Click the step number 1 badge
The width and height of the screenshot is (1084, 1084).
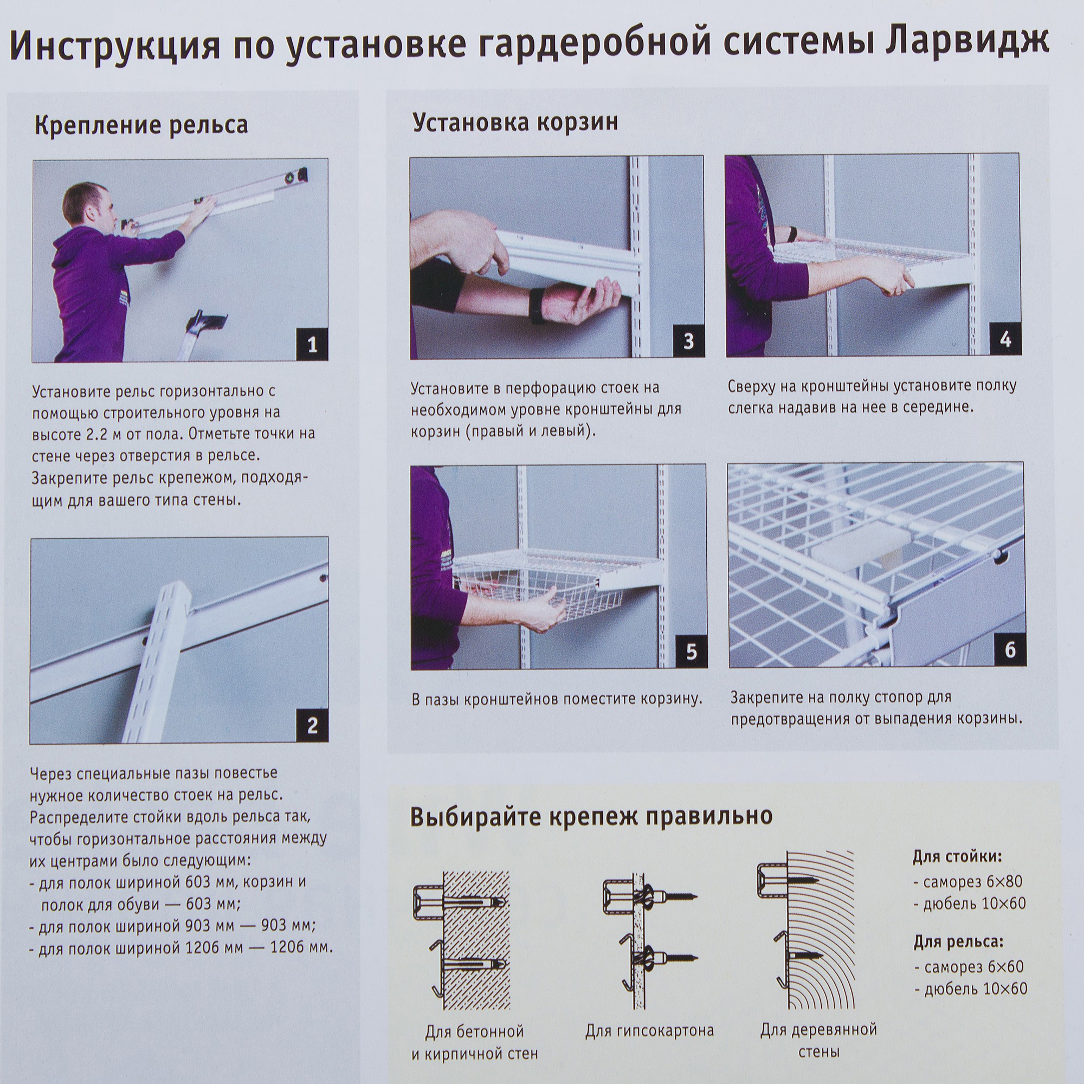[312, 344]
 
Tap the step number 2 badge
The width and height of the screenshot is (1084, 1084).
[312, 726]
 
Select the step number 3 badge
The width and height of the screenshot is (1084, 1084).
[688, 341]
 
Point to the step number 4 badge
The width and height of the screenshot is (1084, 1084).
[1005, 339]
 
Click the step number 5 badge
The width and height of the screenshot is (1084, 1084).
[691, 652]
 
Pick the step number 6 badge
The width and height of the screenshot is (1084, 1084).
[1009, 650]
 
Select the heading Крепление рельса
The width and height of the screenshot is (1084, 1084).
[141, 125]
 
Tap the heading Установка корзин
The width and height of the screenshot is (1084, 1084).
[515, 122]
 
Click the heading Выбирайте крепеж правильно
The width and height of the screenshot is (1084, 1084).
[591, 816]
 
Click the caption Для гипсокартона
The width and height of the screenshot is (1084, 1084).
[649, 1031]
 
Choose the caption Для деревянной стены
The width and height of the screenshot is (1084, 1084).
[818, 1040]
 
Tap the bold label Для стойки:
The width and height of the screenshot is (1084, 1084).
[957, 857]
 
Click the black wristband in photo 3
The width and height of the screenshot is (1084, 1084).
[538, 306]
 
